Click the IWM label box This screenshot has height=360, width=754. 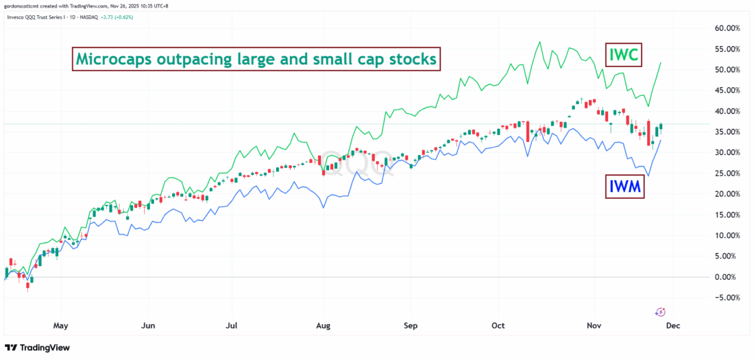coord(625,185)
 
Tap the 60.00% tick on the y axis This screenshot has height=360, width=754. coord(729,28)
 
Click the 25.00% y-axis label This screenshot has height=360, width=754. coord(729,173)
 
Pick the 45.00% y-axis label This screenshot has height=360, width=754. coord(729,91)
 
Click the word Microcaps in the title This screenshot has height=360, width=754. coord(113,60)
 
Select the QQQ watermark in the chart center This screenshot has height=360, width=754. coord(358,163)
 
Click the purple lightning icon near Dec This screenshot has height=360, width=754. coord(659,312)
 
